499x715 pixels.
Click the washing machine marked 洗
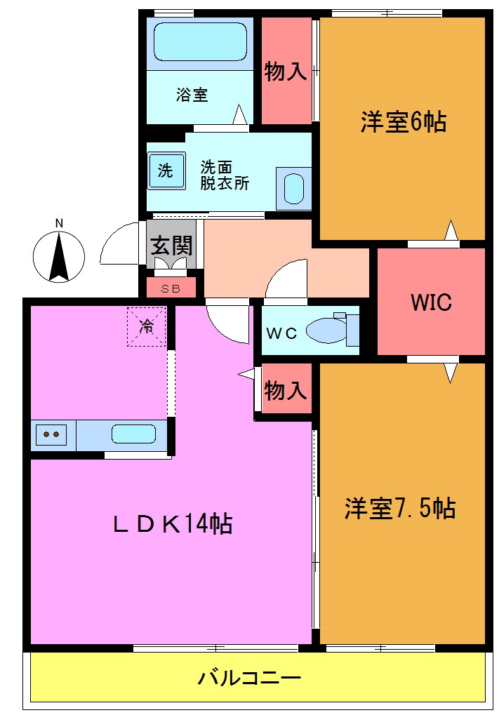pyautogui.click(x=166, y=171)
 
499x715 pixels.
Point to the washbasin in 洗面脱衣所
pyautogui.click(x=293, y=188)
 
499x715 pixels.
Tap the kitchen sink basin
pyautogui.click(x=133, y=434)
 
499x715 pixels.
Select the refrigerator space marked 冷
pyautogui.click(x=146, y=326)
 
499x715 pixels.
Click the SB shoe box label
pyautogui.click(x=170, y=288)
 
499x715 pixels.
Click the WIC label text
pyautogui.click(x=431, y=302)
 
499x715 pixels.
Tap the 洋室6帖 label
pyautogui.click(x=403, y=122)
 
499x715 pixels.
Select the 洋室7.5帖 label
pyautogui.click(x=399, y=507)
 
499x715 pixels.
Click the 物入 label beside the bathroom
pyautogui.click(x=286, y=72)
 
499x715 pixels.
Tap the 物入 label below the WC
pyautogui.click(x=286, y=391)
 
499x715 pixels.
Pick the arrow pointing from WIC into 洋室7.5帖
pyautogui.click(x=450, y=373)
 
